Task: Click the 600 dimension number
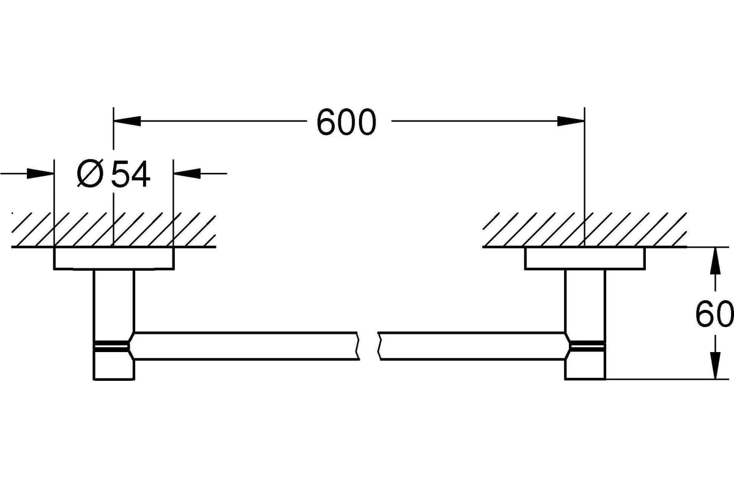[346, 122]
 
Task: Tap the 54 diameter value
[130, 174]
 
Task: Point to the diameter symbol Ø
[90, 174]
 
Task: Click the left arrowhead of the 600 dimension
[127, 121]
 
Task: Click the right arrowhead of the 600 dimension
[571, 121]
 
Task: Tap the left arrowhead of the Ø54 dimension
[40, 174]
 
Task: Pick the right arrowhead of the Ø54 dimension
[187, 174]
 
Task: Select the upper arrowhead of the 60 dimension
[715, 261]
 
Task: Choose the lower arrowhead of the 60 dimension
[715, 366]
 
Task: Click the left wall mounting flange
[114, 259]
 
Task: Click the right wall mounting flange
[585, 259]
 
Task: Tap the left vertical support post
[114, 325]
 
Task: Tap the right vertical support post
[585, 325]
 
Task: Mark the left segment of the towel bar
[244, 346]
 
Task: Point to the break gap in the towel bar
[369, 346]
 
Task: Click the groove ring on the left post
[111, 346]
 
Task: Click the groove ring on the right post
[588, 346]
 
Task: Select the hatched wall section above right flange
[585, 230]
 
